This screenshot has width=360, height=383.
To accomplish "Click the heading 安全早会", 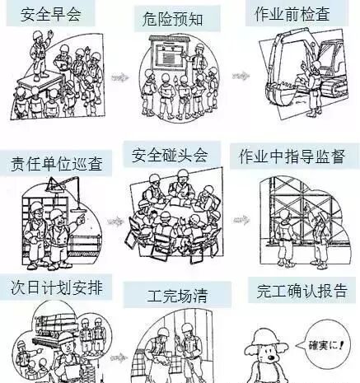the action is (51, 15).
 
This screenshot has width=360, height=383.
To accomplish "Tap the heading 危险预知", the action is (173, 19).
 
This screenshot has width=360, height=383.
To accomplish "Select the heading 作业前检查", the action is (292, 14).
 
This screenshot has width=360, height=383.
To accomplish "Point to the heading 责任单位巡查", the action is (57, 164).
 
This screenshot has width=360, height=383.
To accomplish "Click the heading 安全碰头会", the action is (170, 155).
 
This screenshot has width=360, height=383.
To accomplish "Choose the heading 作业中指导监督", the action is (292, 156).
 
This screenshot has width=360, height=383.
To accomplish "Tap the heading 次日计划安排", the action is (57, 287).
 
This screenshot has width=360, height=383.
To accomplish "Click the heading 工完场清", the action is (177, 296).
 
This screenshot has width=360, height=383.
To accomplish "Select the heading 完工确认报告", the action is (302, 291).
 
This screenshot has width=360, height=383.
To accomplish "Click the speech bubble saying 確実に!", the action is (325, 344).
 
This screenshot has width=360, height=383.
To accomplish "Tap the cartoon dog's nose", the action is (272, 357).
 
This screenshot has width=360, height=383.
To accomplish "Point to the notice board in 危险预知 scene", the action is (168, 54).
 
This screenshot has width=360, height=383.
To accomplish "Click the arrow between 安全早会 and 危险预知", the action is (119, 77).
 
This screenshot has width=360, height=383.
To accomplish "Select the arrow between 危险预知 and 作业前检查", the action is (241, 76).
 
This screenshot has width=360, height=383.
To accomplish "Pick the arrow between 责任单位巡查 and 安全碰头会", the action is (115, 221).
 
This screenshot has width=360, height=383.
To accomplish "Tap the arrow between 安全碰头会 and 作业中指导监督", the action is (241, 220).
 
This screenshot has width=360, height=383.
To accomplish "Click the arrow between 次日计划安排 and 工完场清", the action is (119, 357).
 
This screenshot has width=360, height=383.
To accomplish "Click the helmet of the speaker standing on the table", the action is (37, 35).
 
